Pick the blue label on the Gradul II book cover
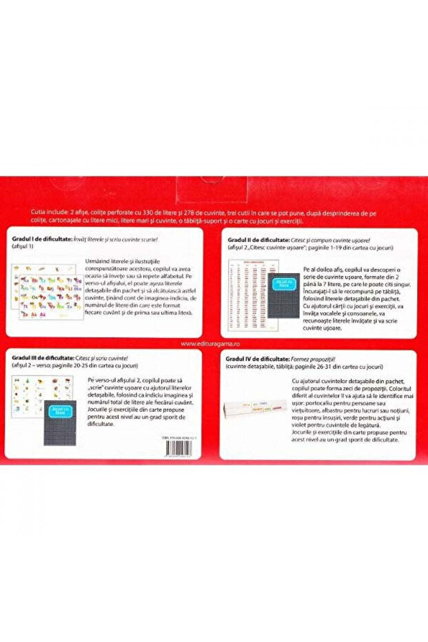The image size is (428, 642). [x=283, y=282]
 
